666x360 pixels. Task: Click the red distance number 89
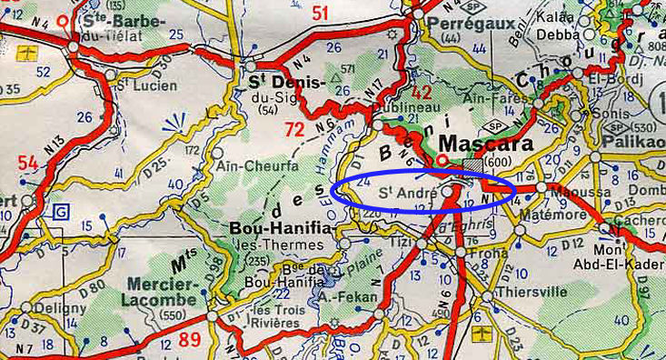[x=190, y=339]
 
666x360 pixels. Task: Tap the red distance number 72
[x=294, y=129]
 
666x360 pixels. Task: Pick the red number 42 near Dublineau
[x=421, y=93]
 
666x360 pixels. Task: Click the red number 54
[x=27, y=163]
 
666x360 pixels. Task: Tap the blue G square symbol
[x=62, y=211]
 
